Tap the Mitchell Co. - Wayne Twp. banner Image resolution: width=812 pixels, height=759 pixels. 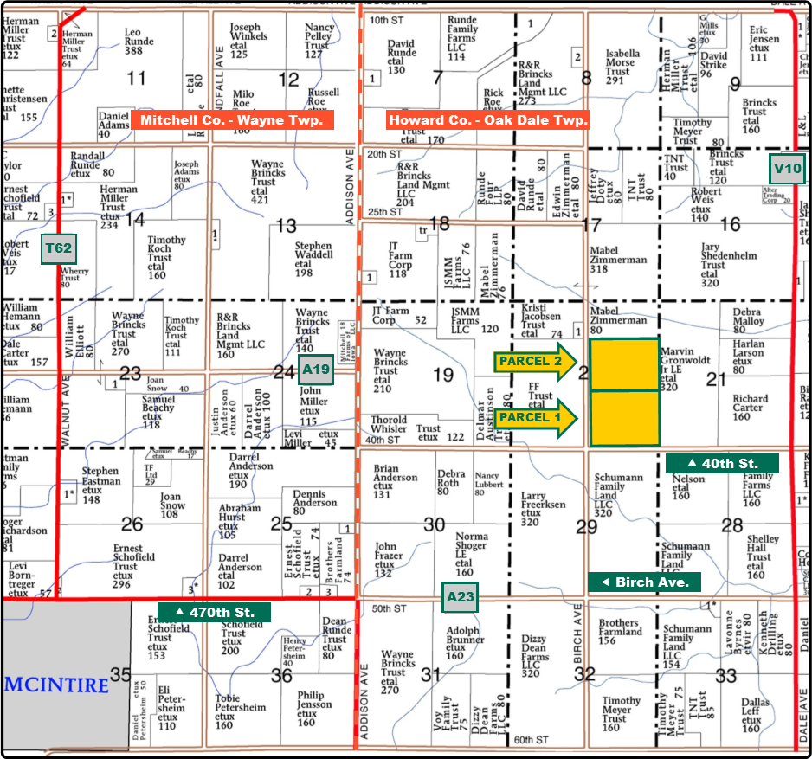pos(231,120)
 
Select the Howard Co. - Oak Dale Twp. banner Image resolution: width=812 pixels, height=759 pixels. pos(488,120)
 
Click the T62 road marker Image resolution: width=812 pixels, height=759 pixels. pos(58,248)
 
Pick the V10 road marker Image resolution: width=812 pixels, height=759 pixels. pos(788,168)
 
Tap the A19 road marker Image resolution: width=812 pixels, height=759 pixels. pos(316,370)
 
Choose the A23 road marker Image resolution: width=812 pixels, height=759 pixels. pos(461,596)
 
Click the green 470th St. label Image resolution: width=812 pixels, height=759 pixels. pos(214,612)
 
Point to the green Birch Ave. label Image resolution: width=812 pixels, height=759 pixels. pos(644,582)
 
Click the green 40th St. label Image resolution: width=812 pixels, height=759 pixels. pos(723,463)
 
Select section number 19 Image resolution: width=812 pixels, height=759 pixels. pos(442,375)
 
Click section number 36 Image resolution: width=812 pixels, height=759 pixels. pos(281,675)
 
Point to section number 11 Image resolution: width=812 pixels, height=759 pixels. pos(136,79)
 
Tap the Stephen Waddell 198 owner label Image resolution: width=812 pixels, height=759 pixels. pos(313,260)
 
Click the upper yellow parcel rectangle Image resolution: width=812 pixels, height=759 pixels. pos(623,364)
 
